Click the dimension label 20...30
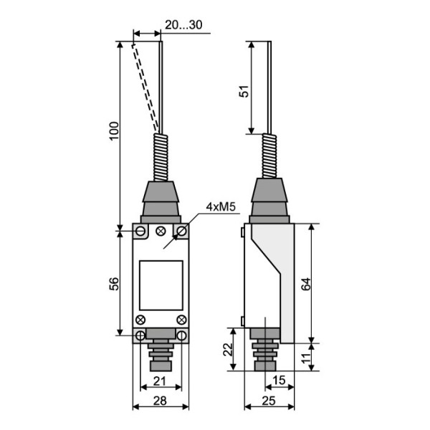[183, 24]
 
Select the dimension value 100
[115, 131]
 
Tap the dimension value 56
[115, 284]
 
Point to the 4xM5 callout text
[221, 207]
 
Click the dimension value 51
[244, 91]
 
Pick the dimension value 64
[306, 284]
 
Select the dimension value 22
[228, 350]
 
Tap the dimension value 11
[306, 358]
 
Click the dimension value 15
[279, 381]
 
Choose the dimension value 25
[269, 401]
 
